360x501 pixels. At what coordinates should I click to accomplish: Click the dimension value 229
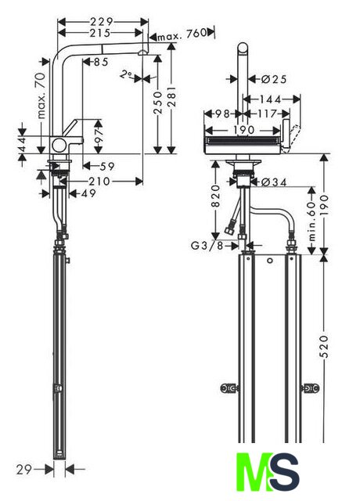click(x=102, y=22)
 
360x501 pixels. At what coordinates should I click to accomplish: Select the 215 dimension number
click(x=99, y=33)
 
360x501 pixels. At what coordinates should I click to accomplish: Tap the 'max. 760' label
click(x=182, y=34)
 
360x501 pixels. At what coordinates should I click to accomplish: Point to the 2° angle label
click(x=126, y=75)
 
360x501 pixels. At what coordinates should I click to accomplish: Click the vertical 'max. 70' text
click(x=41, y=96)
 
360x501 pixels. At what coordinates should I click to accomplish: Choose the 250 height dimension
click(x=158, y=103)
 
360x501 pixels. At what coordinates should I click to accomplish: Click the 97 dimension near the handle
click(x=99, y=135)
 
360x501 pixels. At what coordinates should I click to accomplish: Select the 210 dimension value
click(x=99, y=182)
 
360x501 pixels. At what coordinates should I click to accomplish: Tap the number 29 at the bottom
click(x=24, y=470)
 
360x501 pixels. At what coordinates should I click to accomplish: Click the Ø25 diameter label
click(x=274, y=79)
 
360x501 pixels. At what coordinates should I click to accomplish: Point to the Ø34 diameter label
click(x=274, y=182)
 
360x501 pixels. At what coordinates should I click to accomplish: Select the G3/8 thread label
click(x=207, y=246)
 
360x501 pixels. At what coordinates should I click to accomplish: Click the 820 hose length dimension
click(x=216, y=196)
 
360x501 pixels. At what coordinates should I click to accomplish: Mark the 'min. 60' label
click(x=312, y=221)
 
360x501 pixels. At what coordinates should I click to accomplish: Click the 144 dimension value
click(x=270, y=99)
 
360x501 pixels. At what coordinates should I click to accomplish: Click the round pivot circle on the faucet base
click(x=59, y=146)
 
